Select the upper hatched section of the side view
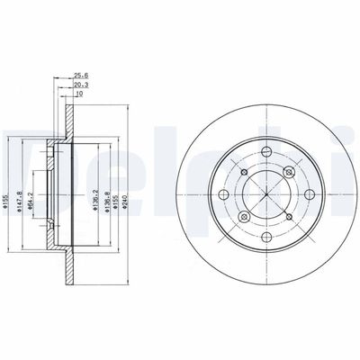click(x=70, y=126)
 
